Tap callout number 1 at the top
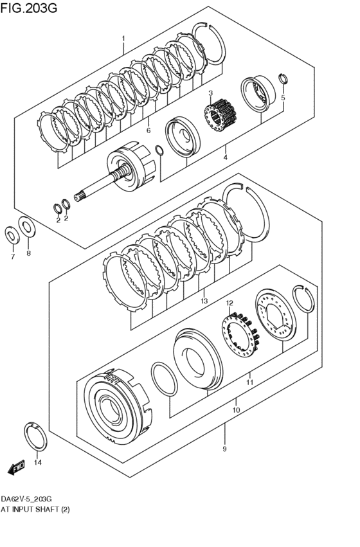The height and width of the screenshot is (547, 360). click(x=123, y=39)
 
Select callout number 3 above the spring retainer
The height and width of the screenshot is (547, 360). click(x=210, y=94)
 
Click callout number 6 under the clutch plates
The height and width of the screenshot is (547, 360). click(x=148, y=130)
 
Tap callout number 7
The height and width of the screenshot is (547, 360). click(x=11, y=257)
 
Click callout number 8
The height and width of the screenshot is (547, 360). click(x=28, y=254)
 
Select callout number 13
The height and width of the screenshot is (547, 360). click(x=204, y=301)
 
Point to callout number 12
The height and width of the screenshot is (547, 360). click(x=229, y=303)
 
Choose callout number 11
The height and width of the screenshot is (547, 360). click(x=249, y=382)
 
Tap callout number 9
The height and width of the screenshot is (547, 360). click(x=224, y=449)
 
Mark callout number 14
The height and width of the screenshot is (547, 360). click(x=37, y=462)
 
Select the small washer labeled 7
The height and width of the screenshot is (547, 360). click(x=12, y=235)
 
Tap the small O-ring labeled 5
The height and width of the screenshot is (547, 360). click(x=282, y=78)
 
